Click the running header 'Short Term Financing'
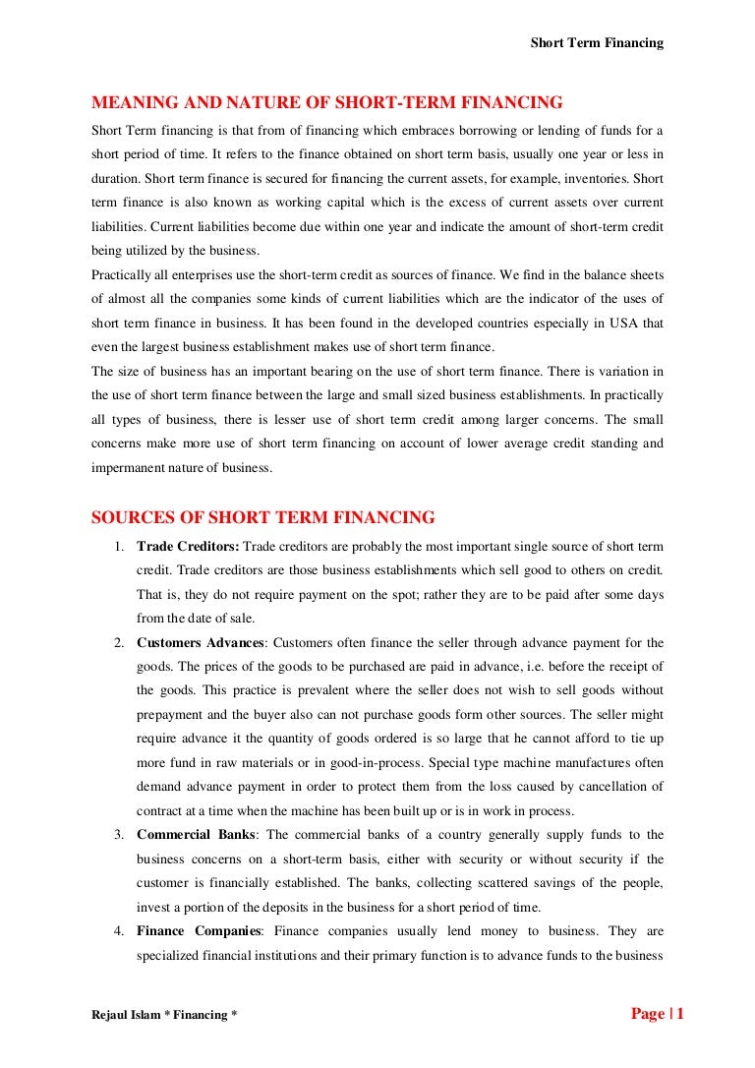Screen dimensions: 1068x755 (597, 42)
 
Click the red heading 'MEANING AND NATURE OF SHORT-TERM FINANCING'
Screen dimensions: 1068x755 (326, 102)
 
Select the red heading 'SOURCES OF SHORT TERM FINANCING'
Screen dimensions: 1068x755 (262, 517)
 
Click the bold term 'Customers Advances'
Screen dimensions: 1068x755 (201, 642)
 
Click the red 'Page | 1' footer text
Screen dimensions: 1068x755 (657, 1014)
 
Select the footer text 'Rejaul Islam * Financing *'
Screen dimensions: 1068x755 (164, 1015)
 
